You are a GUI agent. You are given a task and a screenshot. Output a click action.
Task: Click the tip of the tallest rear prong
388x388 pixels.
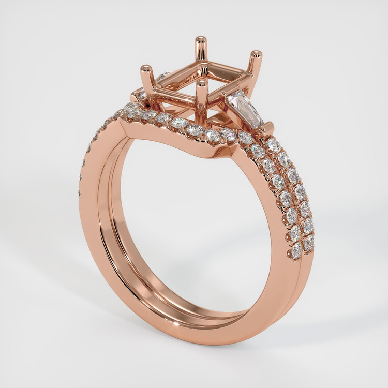(200, 39)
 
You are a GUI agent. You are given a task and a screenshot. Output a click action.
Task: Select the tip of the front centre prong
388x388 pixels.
(202, 83)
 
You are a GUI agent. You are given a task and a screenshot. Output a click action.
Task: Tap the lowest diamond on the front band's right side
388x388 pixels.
(296, 252)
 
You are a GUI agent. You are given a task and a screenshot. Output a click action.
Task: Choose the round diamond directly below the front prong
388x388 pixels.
(212, 136)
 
